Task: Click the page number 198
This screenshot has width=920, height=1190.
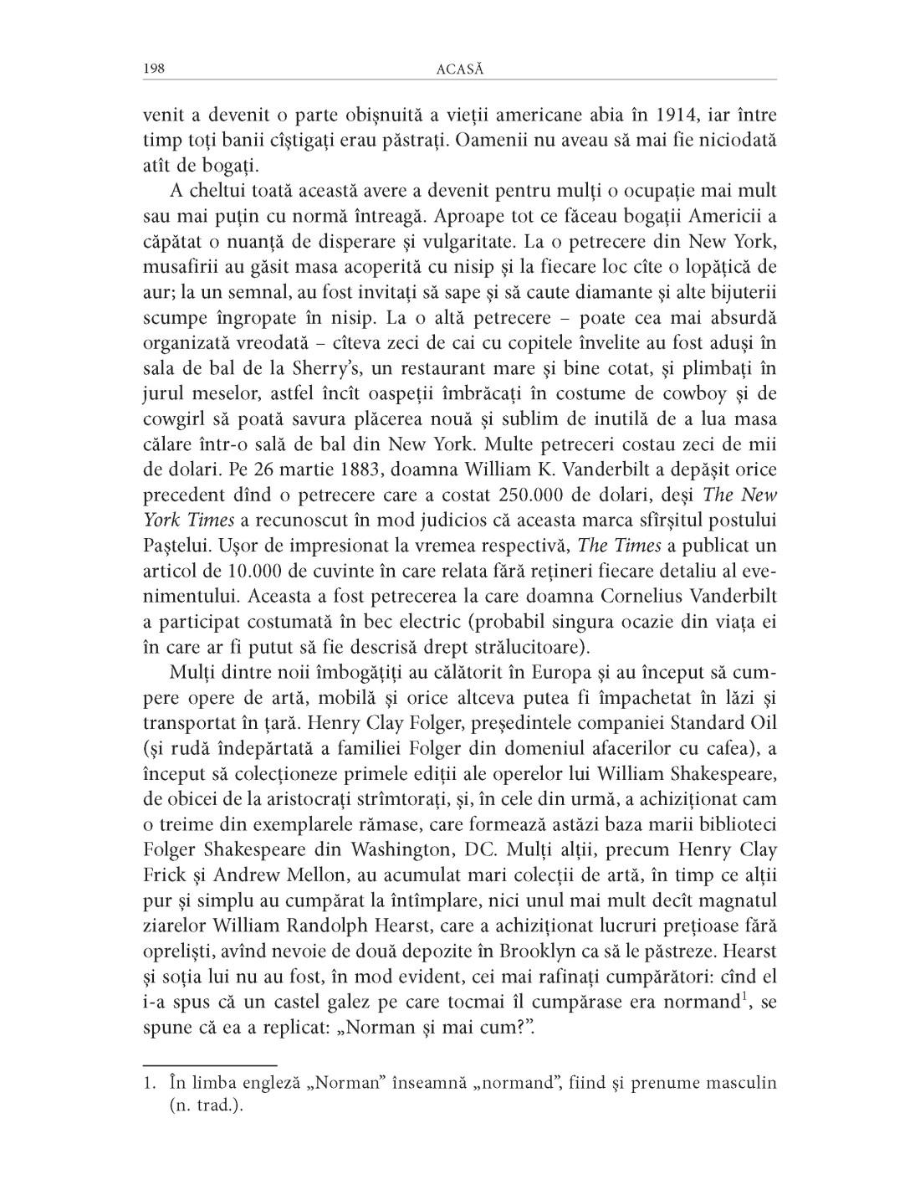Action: coord(153,69)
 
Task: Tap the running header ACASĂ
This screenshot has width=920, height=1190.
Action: coord(460,69)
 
